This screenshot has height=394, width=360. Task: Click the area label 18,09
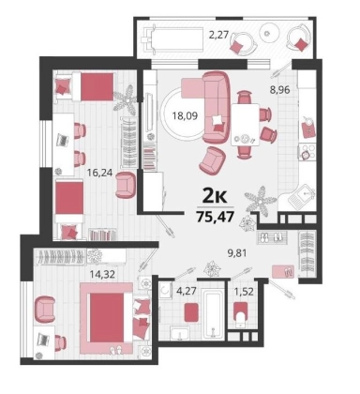point(186,116)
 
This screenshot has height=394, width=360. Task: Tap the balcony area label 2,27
point(219,35)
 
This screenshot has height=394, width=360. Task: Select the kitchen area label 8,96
point(279,90)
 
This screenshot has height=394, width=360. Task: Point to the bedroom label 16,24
point(99,173)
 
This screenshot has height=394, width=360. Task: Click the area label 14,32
point(102,274)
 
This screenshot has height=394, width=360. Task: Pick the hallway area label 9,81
point(236,252)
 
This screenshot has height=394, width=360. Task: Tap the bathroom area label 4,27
point(187,291)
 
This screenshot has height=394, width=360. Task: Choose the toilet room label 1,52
point(244,292)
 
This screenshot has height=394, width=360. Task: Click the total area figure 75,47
point(216,217)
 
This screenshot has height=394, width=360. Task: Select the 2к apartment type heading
point(215,195)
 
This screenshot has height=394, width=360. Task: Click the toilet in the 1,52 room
point(241,314)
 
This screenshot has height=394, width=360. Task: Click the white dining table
point(245,125)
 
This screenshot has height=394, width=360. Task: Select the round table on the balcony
point(269,33)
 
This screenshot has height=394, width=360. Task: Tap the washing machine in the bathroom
point(165,291)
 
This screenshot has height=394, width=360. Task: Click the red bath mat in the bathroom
point(191,311)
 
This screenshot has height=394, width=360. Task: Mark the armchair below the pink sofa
point(213,160)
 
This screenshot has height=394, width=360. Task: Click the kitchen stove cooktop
point(306,152)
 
